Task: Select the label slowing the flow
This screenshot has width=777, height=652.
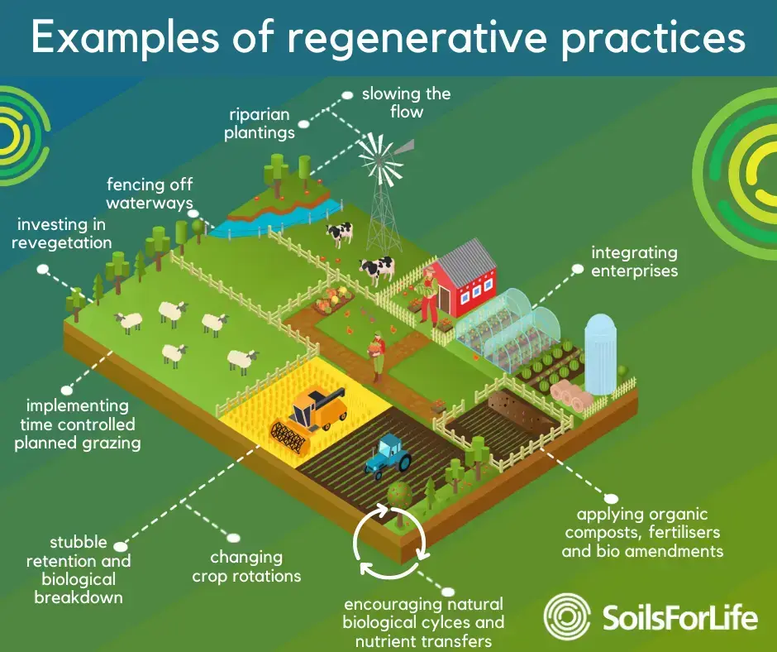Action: pos(406,102)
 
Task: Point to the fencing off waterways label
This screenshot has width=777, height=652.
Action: pos(150,194)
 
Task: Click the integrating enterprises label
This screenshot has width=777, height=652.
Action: pos(634,261)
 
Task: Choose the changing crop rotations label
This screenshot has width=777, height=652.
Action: pos(246,566)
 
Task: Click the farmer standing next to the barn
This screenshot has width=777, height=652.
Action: pos(430,295)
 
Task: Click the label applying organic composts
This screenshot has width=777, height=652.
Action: pos(642,532)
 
